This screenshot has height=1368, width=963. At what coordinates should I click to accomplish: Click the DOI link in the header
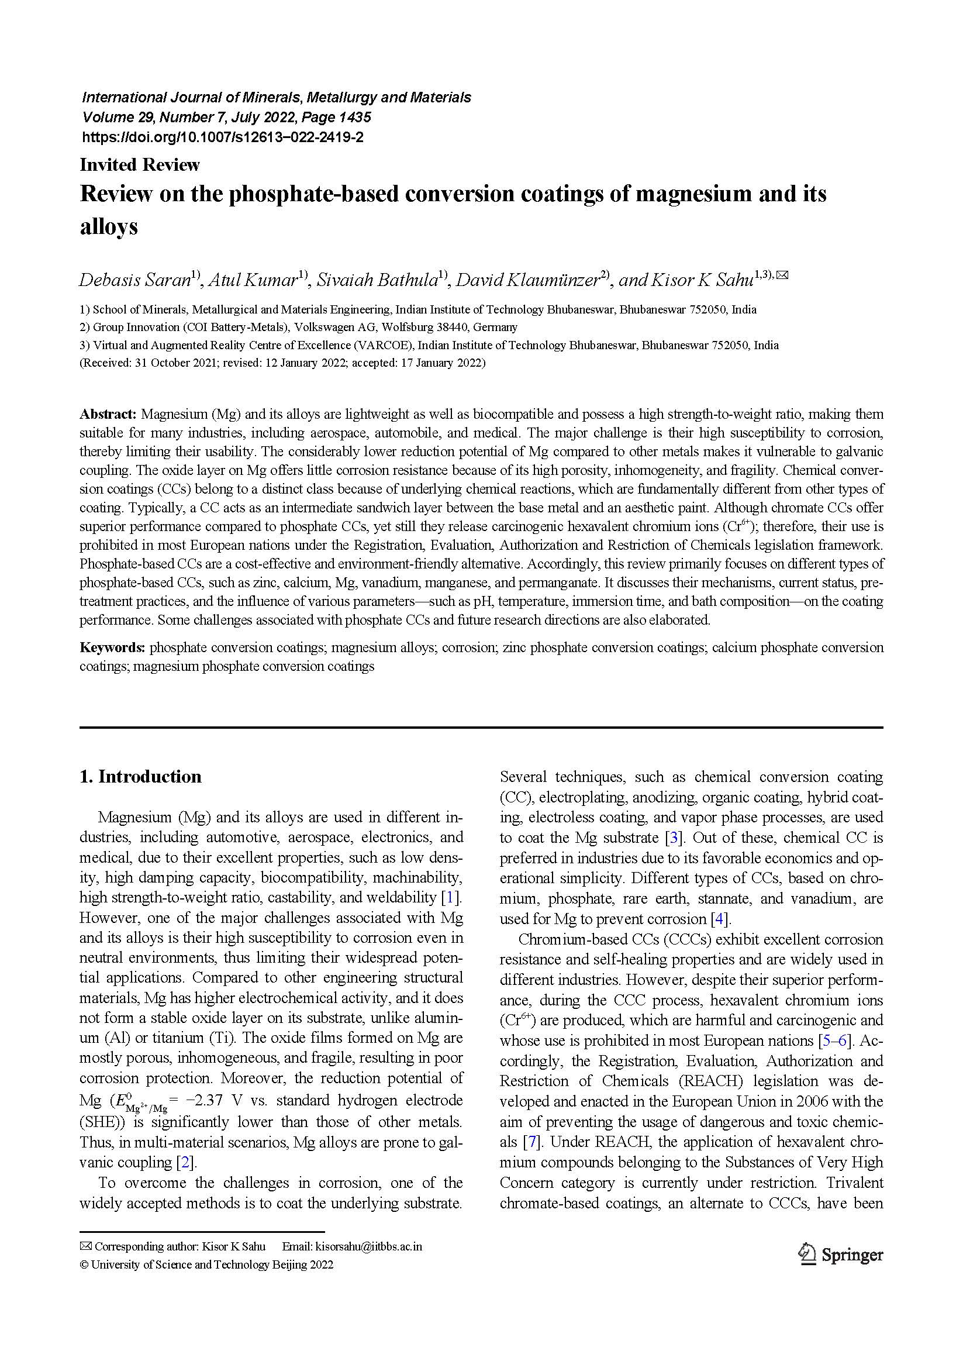click(x=222, y=137)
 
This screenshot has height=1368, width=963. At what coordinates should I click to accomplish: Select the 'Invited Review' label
click(x=139, y=164)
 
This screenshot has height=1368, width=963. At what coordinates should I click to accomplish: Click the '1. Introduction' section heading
click(x=140, y=776)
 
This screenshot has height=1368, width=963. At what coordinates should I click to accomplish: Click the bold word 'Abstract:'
click(x=108, y=414)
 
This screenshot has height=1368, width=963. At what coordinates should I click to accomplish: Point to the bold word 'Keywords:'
click(x=113, y=647)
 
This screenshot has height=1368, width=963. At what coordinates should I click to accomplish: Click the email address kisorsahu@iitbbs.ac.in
click(x=368, y=1246)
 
